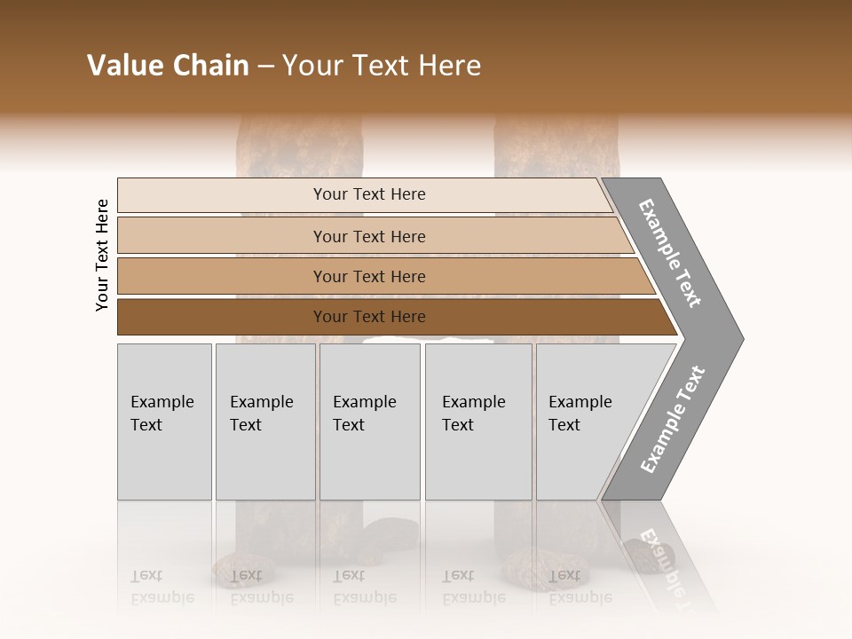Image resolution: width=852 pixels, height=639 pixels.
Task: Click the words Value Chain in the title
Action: (x=168, y=66)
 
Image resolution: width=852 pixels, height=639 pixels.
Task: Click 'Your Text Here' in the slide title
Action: (x=382, y=66)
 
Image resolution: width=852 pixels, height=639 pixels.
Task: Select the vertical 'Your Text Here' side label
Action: (x=102, y=256)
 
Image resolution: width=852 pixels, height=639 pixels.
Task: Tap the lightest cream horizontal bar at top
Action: (x=222, y=195)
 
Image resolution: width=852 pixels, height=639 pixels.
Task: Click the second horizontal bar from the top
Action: (x=222, y=236)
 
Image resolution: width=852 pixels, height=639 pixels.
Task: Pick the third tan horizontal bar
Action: (x=222, y=276)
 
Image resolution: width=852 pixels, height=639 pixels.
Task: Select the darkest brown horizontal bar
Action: (x=222, y=317)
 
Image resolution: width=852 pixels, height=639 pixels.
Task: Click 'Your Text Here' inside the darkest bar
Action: (x=369, y=317)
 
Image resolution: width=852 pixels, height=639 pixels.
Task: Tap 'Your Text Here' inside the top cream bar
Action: (x=369, y=194)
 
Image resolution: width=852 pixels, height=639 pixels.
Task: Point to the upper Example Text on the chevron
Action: (x=670, y=253)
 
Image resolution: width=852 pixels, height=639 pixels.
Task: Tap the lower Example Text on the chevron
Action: (x=672, y=420)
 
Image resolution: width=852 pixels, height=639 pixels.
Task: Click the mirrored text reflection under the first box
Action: (x=162, y=587)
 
